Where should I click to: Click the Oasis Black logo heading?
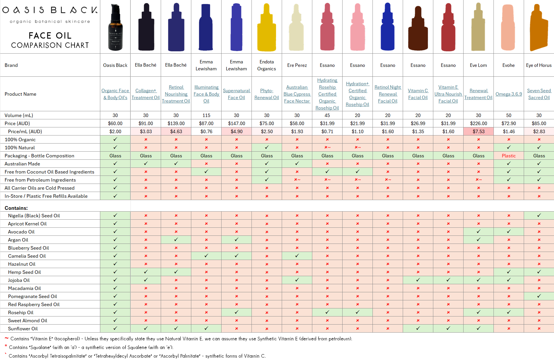pyautogui.click(x=50, y=10)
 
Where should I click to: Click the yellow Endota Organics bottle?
pyautogui.click(x=266, y=29)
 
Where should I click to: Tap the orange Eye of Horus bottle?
pyautogui.click(x=538, y=29)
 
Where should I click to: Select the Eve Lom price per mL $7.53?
pyautogui.click(x=478, y=131)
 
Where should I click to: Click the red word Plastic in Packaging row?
pyautogui.click(x=508, y=156)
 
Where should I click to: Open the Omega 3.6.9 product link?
pyautogui.click(x=508, y=94)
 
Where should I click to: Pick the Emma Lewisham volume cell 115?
pyautogui.click(x=206, y=115)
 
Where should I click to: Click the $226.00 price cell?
pyautogui.click(x=478, y=123)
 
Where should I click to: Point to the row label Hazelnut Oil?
pyautogui.click(x=22, y=264)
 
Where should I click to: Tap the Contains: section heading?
pyautogui.click(x=16, y=208)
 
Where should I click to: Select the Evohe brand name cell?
pyautogui.click(x=508, y=65)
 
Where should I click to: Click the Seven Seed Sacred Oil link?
pyautogui.click(x=539, y=94)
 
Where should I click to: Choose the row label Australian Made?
pyautogui.click(x=22, y=164)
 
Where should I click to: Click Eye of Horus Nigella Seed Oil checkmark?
pyautogui.click(x=539, y=215)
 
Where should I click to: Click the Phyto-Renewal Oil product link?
pyautogui.click(x=266, y=94)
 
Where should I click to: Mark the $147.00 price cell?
pyautogui.click(x=236, y=123)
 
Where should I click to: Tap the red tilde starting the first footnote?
pyautogui.click(x=7, y=338)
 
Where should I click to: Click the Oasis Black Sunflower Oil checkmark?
pyautogui.click(x=115, y=328)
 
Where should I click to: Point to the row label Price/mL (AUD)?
pyautogui.click(x=25, y=131)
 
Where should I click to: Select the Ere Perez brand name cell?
pyautogui.click(x=297, y=65)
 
